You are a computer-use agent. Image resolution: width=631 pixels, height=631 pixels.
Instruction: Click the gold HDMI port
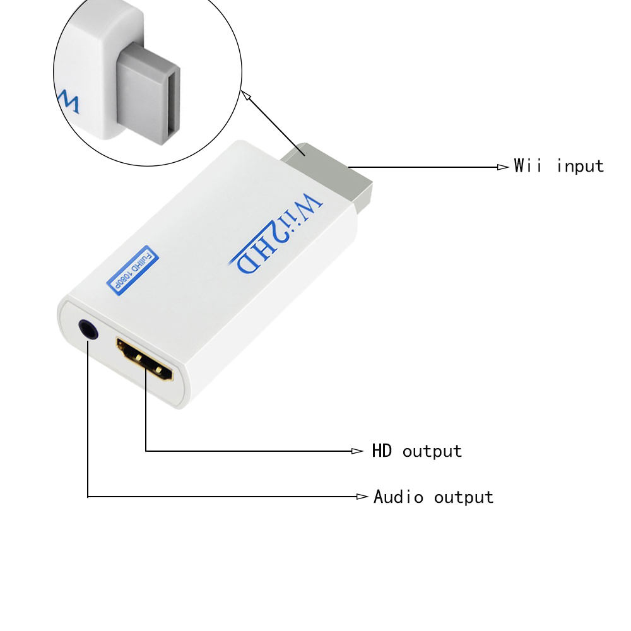144,360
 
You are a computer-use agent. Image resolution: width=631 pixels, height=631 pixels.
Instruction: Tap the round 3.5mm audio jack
88,329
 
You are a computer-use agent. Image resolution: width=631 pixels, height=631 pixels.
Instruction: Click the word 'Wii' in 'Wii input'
528,166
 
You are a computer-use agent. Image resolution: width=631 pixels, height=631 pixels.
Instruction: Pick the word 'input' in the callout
581,167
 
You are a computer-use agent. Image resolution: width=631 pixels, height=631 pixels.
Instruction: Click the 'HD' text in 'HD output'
382,451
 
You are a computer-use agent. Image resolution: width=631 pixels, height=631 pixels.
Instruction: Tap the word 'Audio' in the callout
398,497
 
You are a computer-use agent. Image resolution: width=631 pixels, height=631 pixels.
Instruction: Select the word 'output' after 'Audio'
463,497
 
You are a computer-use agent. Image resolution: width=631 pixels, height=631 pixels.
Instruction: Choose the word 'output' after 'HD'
432,452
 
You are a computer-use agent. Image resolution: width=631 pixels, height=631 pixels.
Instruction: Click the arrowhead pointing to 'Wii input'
503,167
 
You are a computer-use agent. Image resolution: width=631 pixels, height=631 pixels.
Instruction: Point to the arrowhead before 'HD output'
358,451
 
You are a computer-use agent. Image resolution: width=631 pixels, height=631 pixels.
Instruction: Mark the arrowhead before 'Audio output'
362,497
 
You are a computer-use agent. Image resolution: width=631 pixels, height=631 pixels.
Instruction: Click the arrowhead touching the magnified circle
246,95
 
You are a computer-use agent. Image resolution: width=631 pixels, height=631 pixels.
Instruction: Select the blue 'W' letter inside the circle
68,102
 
